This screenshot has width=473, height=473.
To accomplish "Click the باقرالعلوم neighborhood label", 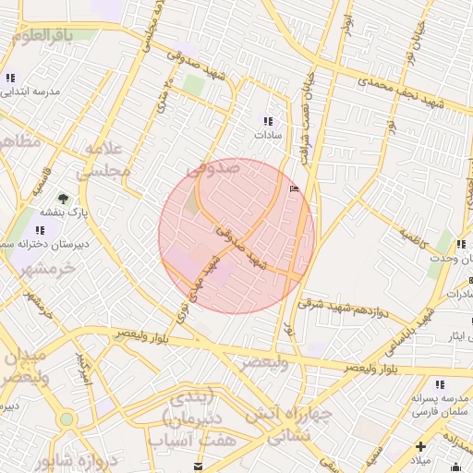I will coord(55,35).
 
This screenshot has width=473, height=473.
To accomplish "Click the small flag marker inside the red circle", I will coord(295,188).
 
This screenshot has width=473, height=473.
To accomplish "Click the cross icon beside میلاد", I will coord(420,446).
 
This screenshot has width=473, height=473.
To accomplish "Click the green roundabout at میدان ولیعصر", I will coord(67,419).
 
